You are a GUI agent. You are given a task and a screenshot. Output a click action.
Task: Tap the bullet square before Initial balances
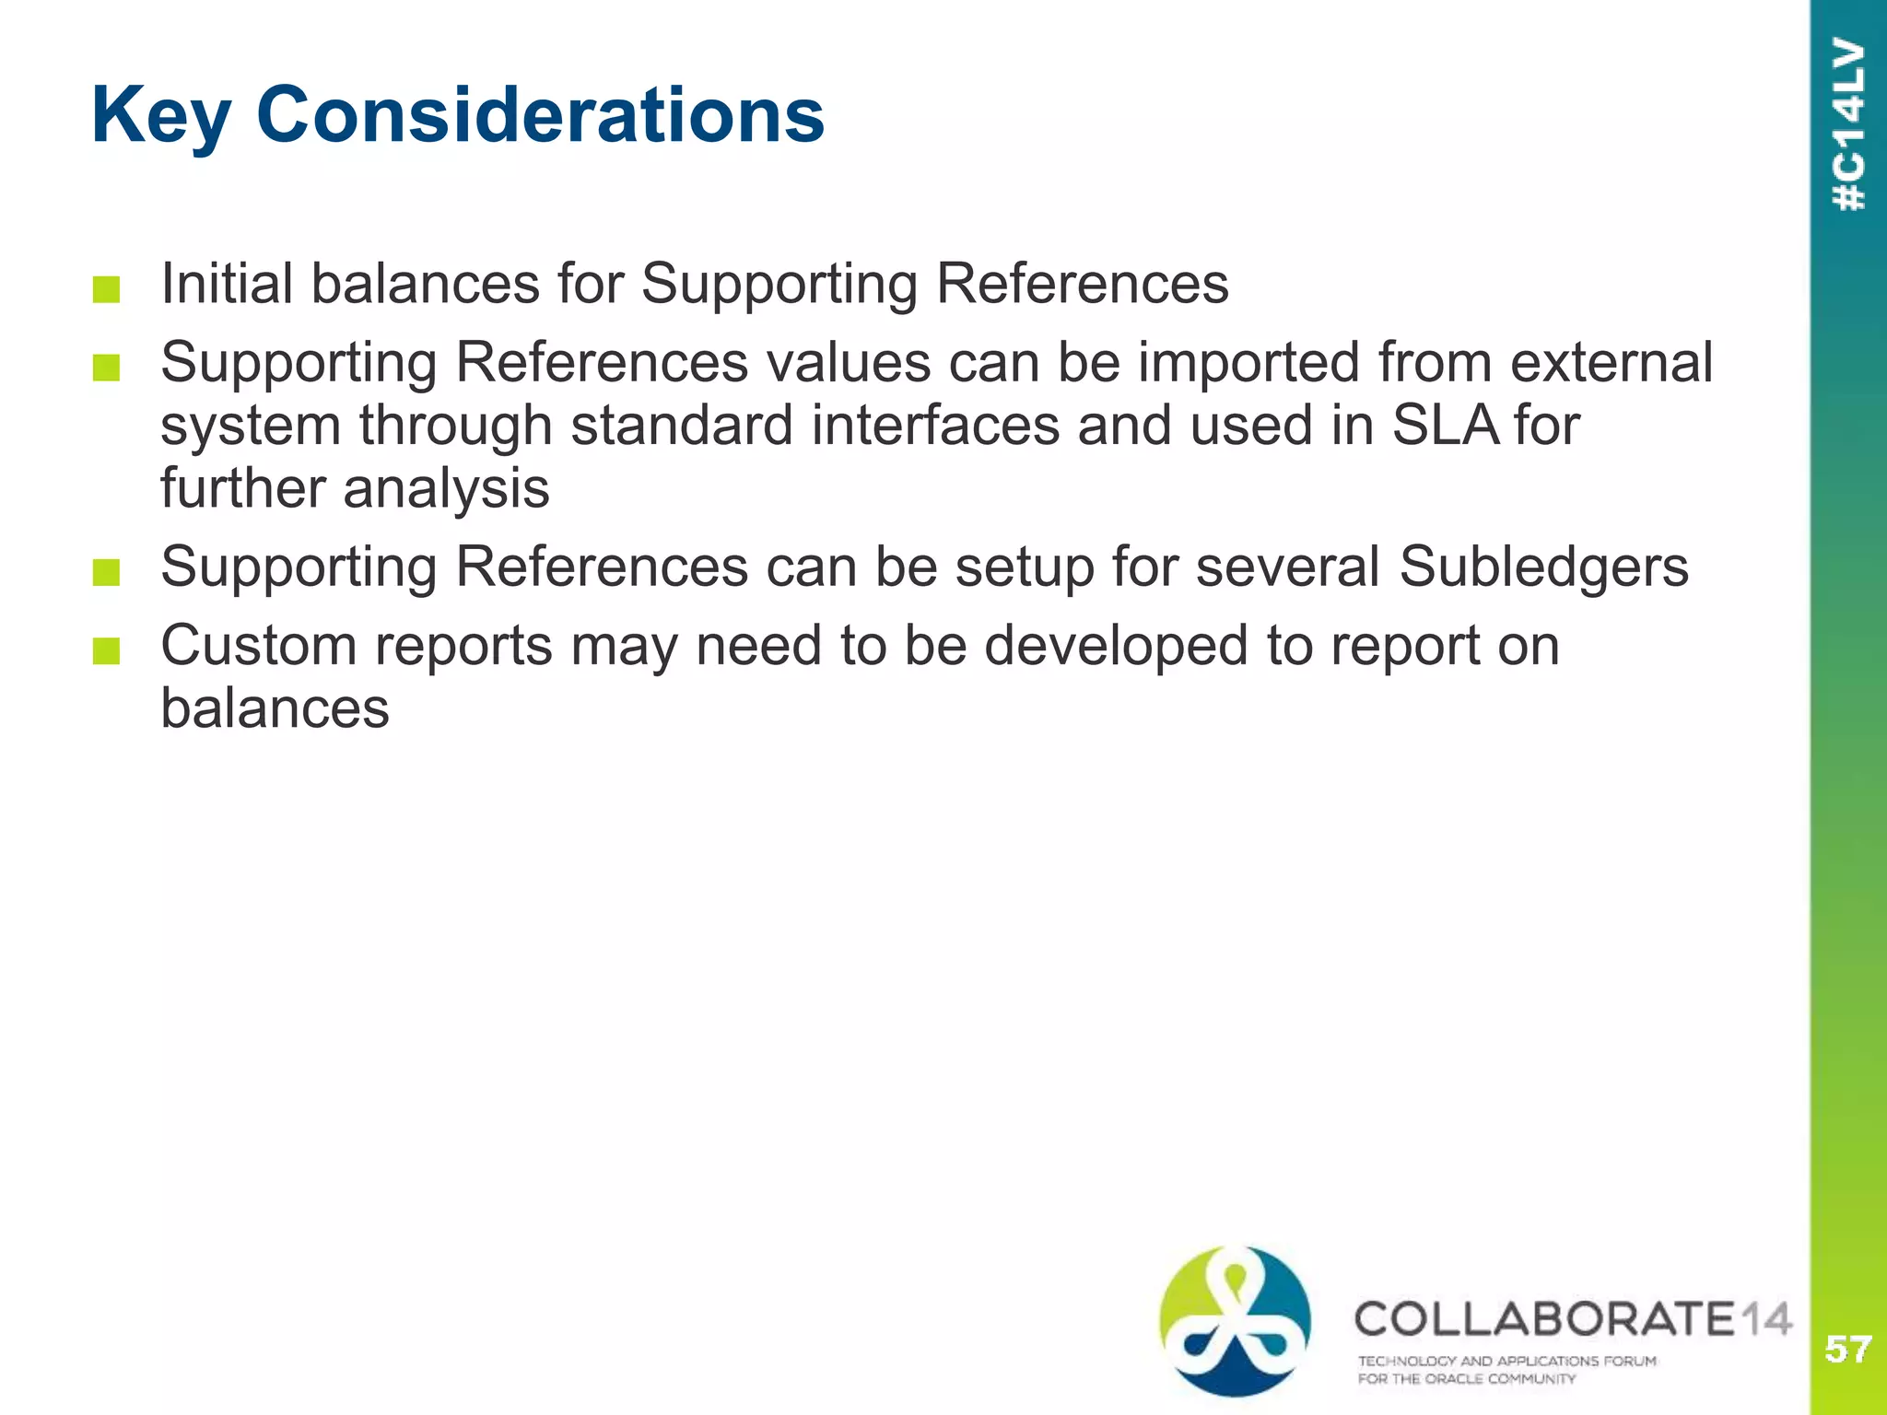coord(107,290)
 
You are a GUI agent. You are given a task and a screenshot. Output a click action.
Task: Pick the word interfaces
coord(935,426)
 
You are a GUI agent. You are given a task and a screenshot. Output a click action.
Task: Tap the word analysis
coord(446,488)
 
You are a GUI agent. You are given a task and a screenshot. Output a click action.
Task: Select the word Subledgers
coord(1543,567)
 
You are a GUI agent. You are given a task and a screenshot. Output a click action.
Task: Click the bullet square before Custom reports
coord(107,652)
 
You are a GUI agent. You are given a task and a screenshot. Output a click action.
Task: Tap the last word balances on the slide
coord(275,708)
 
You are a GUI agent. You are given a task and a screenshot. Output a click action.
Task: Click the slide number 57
coord(1847,1350)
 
